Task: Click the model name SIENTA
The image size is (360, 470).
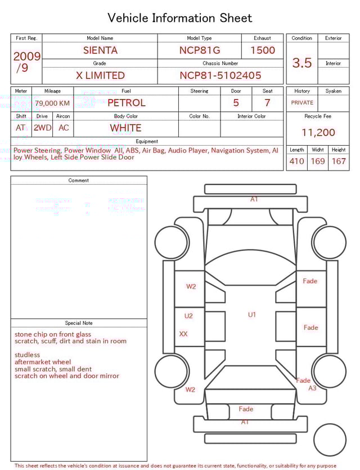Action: [x=100, y=50]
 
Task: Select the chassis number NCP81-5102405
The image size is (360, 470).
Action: [x=220, y=75]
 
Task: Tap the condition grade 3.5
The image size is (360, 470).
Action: [x=302, y=62]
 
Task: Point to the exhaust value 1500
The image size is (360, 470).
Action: [x=263, y=50]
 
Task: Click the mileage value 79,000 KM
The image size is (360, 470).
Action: [x=52, y=104]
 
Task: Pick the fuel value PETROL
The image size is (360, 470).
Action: [x=126, y=103]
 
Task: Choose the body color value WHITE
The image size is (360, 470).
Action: [x=125, y=128]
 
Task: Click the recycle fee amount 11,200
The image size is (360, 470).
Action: [x=318, y=133]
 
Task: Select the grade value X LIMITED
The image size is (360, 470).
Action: [x=100, y=75]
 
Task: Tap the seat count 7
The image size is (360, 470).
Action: [x=267, y=103]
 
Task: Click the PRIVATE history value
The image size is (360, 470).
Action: [x=302, y=103]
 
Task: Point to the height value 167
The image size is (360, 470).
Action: [x=339, y=162]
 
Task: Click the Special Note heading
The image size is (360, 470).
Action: [x=79, y=323]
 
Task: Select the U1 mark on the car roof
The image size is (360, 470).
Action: [x=252, y=315]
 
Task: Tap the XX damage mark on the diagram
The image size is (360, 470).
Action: [x=183, y=334]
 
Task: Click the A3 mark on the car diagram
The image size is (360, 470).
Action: [x=312, y=388]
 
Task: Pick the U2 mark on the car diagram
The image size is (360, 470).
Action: [x=188, y=316]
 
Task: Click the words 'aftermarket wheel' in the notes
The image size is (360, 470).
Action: [x=43, y=362]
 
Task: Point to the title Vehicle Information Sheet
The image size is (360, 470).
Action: [x=180, y=18]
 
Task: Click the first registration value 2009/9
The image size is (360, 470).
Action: [x=26, y=62]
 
